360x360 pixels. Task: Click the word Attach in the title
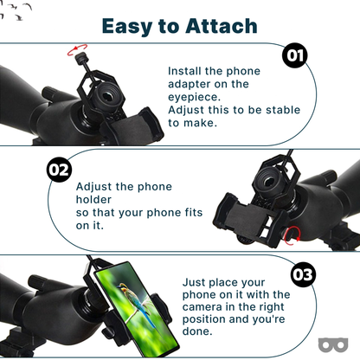point(222,26)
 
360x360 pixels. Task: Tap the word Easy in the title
point(127,27)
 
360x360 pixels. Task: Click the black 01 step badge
point(295,55)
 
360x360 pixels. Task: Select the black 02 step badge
point(59,170)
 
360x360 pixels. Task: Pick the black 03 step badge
point(303,274)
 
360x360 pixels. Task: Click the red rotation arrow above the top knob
point(77,49)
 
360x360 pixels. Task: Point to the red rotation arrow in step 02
point(292,235)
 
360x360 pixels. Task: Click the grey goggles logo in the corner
point(333,344)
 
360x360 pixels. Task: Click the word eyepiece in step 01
point(194,97)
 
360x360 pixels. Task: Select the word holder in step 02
point(93,200)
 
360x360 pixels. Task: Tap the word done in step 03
point(197,331)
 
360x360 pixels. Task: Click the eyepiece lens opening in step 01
point(107,97)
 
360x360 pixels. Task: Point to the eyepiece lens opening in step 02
point(269,182)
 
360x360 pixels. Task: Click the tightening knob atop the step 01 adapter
point(80,58)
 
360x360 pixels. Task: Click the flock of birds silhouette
point(16,11)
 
